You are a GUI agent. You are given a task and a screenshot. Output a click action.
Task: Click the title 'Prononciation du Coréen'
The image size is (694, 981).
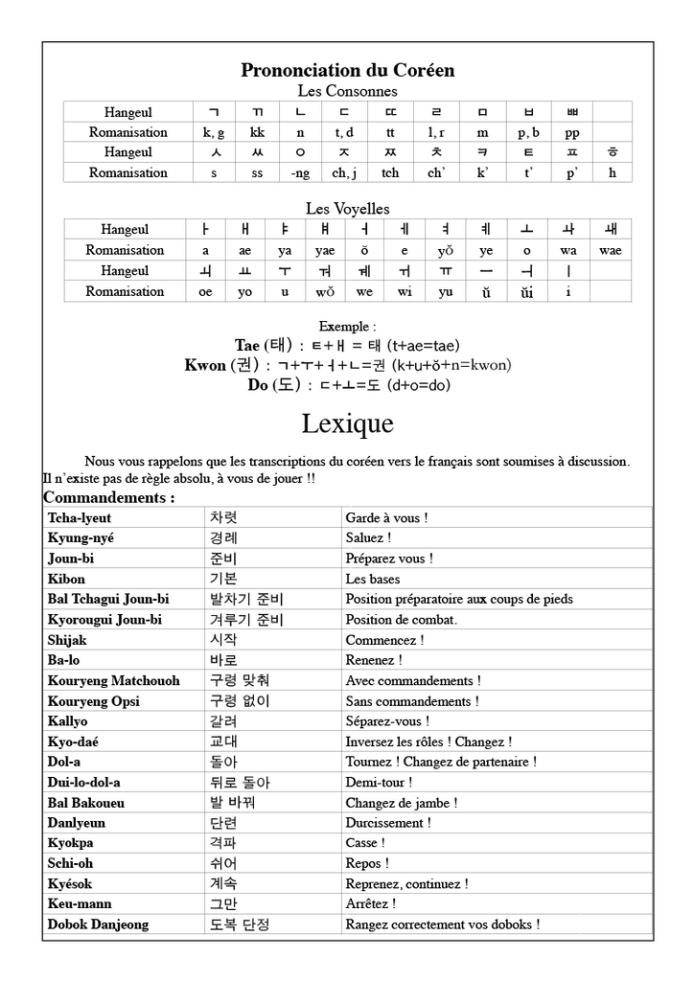tap(347, 70)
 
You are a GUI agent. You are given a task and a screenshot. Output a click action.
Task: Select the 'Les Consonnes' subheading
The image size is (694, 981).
tap(347, 91)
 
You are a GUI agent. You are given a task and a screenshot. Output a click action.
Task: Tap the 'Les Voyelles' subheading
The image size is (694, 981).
tap(347, 208)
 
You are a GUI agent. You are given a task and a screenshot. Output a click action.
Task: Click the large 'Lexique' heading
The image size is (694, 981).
tap(347, 422)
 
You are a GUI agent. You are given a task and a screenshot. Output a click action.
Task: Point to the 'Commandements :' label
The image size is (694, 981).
tap(109, 498)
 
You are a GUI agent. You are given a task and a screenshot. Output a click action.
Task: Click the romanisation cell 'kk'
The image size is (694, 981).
tap(257, 132)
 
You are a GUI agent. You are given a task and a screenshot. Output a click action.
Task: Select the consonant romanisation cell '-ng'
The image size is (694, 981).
tap(300, 172)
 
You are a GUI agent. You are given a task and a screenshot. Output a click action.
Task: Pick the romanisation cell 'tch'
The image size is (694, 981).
tap(390, 172)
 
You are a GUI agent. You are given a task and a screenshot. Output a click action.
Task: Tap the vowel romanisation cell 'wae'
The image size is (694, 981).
tap(610, 250)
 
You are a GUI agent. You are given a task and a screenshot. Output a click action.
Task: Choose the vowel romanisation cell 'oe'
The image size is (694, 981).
tap(205, 291)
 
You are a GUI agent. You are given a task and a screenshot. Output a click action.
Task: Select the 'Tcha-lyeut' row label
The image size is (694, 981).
tap(80, 518)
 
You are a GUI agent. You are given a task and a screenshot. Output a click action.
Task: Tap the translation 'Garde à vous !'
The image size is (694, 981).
tap(386, 518)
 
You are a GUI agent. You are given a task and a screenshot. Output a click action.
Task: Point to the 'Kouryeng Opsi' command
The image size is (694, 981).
tap(94, 701)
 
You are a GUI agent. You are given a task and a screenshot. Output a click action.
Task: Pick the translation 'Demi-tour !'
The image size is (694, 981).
tap(377, 783)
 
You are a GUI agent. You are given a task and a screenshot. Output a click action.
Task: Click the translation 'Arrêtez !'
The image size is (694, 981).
tap(371, 903)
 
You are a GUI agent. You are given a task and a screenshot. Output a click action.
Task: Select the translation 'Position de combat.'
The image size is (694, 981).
tap(401, 620)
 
